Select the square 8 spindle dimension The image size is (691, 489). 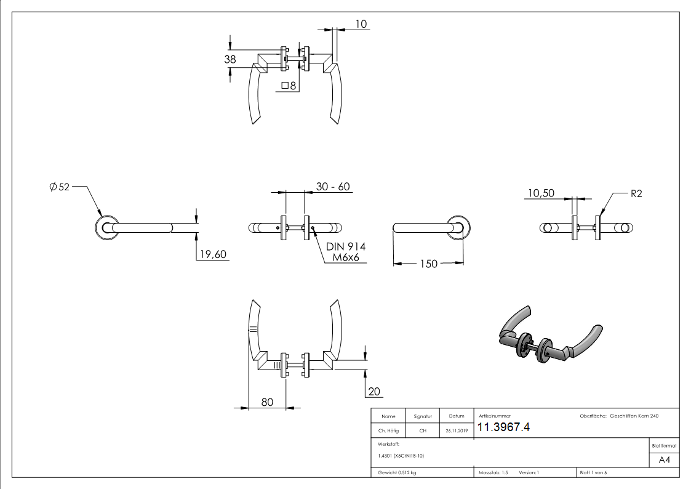tap(289, 86)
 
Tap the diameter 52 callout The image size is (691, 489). tap(59, 187)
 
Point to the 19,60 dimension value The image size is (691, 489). tap(212, 254)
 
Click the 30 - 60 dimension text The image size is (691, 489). tap(334, 187)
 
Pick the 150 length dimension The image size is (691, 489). tap(428, 264)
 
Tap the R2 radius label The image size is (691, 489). tap(636, 193)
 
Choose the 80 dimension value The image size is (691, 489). tap(267, 402)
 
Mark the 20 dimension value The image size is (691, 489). tap(375, 392)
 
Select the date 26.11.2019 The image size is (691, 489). tap(456, 431)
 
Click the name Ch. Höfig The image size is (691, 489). tap(388, 431)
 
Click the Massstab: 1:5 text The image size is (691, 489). tap(493, 472)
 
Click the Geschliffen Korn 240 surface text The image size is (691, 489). tap(634, 416)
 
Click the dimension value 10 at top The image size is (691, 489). tap(361, 24)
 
